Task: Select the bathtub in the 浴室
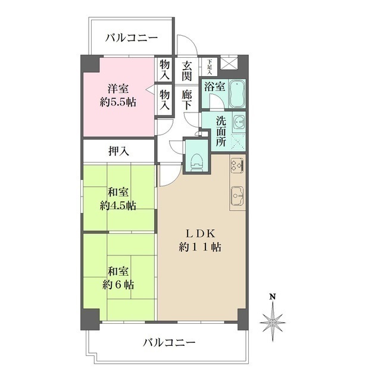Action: coord(238,93)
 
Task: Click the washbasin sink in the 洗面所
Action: coord(239,122)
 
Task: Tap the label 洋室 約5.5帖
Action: coord(118,95)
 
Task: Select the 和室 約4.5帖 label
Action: coord(118,199)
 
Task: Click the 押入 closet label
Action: coord(118,151)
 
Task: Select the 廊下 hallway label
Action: coord(187,98)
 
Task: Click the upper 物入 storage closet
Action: coord(164,69)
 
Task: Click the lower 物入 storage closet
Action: coord(164,98)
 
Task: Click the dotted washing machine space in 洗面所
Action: coord(239,142)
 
